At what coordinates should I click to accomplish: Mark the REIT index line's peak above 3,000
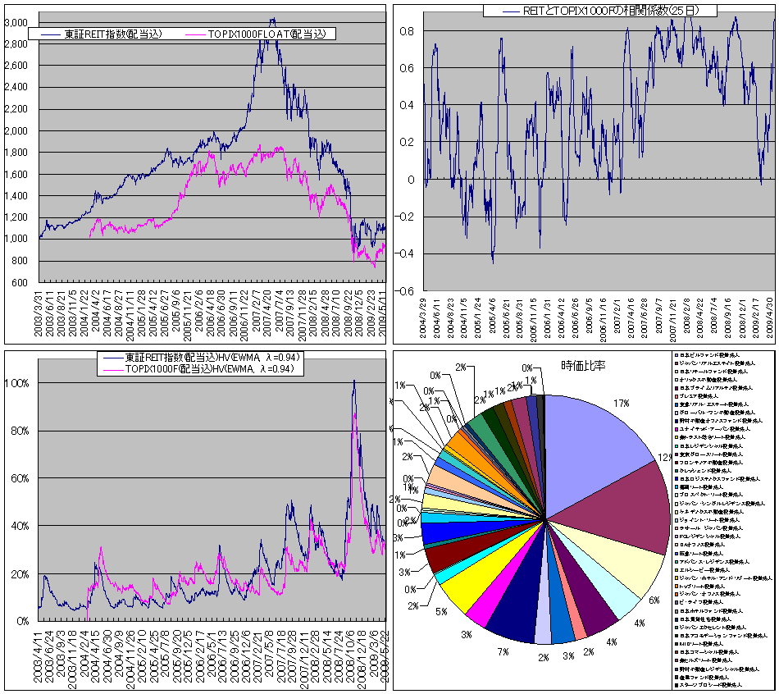tap(272, 19)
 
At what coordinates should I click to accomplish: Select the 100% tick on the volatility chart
tap(18, 383)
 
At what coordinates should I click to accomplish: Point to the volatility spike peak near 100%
tap(353, 381)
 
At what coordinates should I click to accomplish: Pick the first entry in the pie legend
tap(710, 355)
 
